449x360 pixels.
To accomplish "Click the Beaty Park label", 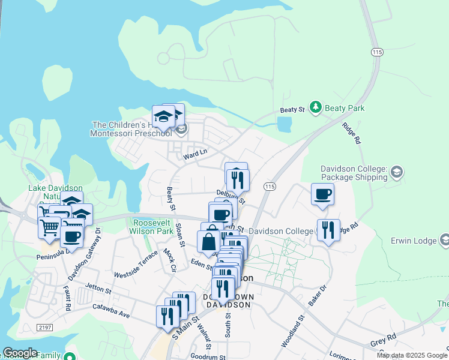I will click(x=345, y=109).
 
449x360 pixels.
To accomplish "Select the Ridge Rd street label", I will click(x=351, y=133).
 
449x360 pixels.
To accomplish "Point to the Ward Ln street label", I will click(x=195, y=154).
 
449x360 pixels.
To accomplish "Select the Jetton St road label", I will click(x=98, y=289).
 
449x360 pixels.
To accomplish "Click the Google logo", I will click(x=20, y=353).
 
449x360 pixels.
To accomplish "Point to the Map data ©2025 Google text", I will click(x=412, y=355).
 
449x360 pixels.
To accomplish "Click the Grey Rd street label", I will click(x=383, y=340).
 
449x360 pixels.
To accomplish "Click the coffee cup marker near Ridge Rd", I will click(x=322, y=195).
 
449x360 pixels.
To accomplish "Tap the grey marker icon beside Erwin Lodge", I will click(x=445, y=241).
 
